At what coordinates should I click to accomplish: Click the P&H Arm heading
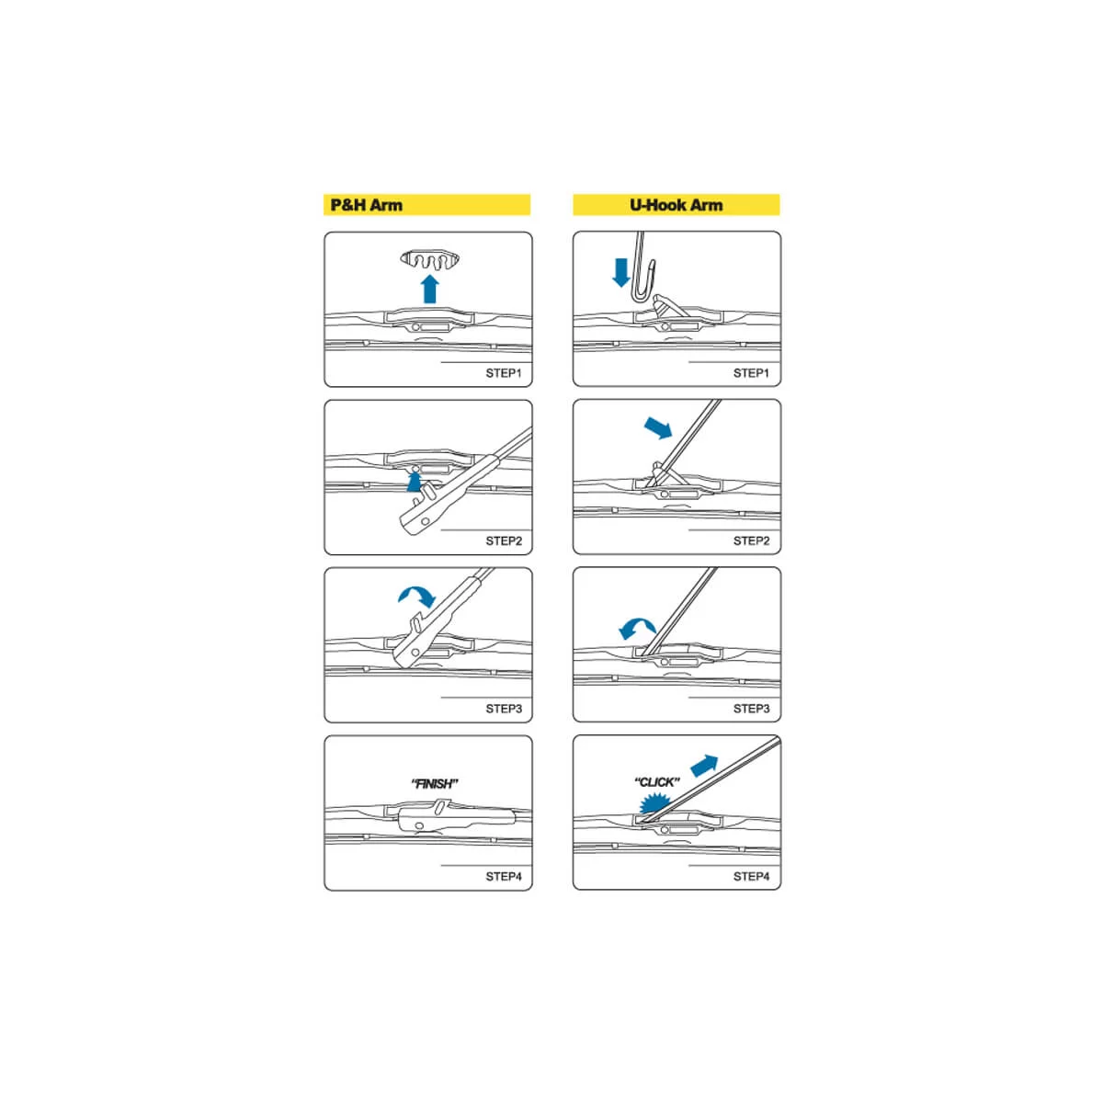[367, 205]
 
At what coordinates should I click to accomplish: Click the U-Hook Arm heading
[676, 205]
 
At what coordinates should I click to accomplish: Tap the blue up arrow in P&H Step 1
[430, 289]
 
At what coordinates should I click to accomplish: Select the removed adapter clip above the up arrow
[430, 260]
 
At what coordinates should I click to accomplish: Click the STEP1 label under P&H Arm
[504, 373]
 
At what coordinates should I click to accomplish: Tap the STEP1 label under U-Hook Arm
[752, 373]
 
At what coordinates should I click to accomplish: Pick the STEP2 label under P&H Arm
[504, 540]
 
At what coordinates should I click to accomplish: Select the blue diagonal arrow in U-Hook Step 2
[658, 427]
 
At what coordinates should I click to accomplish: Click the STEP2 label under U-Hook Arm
[752, 540]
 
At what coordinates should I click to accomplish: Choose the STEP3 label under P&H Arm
[504, 709]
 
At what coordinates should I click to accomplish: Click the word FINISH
[435, 784]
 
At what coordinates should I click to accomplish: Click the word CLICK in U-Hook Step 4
[657, 782]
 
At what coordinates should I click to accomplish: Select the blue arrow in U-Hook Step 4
[704, 766]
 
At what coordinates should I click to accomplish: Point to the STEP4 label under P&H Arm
[504, 876]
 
